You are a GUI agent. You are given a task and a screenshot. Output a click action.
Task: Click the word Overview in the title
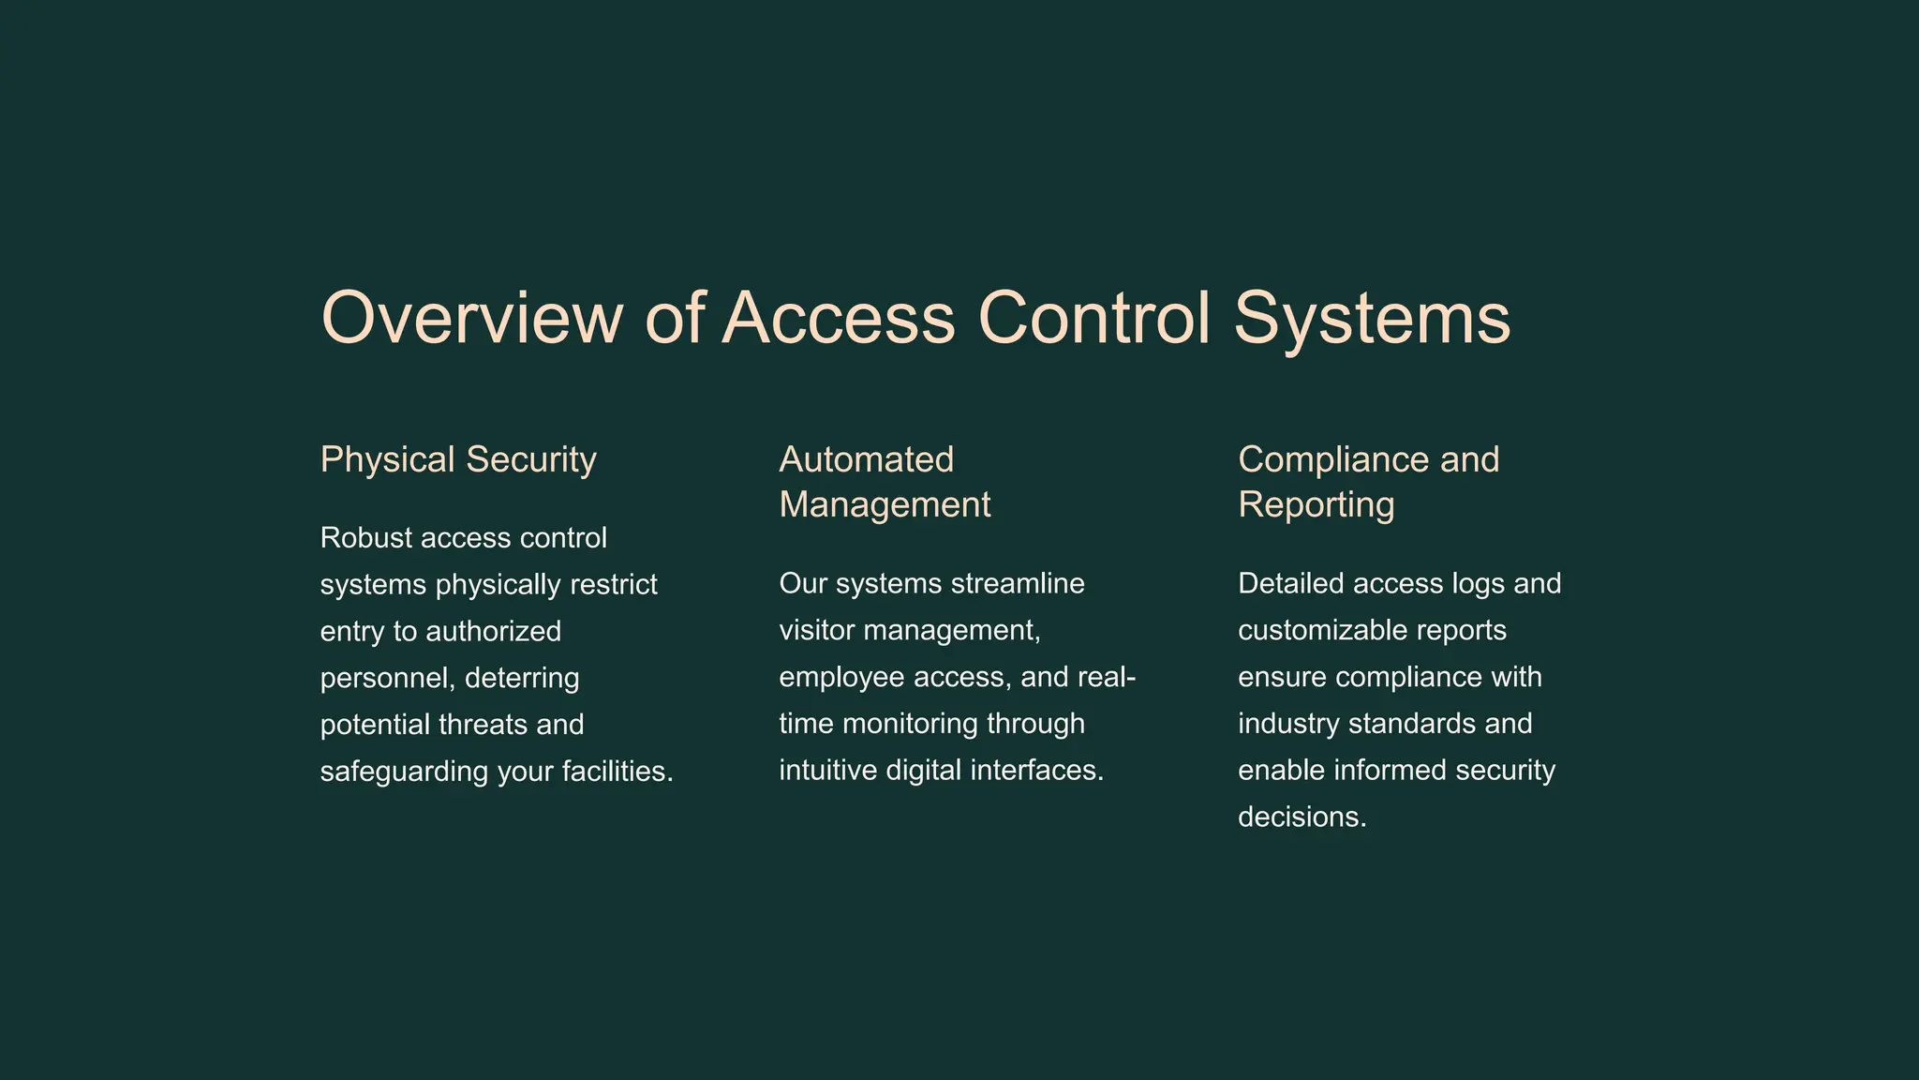(x=470, y=318)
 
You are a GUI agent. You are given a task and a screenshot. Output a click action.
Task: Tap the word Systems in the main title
(x=1371, y=318)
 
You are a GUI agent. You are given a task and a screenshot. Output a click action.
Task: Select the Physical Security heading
(x=458, y=459)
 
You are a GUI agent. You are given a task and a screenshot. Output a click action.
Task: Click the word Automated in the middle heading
(x=866, y=459)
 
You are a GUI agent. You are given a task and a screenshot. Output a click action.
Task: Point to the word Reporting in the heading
(x=1316, y=504)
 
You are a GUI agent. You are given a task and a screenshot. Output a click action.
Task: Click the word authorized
(x=493, y=631)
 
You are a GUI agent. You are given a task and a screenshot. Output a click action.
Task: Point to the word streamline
(x=1018, y=584)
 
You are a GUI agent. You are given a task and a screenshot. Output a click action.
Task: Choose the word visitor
(x=816, y=630)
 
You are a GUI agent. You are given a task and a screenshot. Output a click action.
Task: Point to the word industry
(x=1288, y=724)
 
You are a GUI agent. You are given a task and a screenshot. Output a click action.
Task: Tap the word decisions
(x=1302, y=817)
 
